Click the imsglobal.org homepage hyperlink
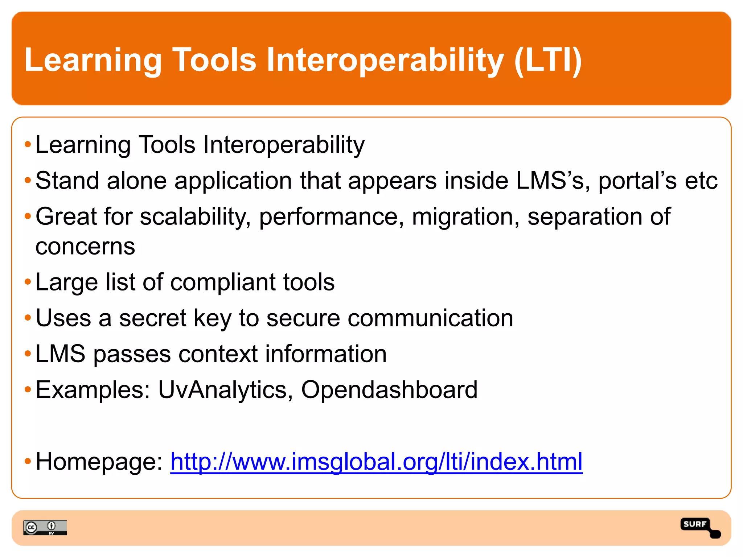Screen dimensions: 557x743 coord(376,462)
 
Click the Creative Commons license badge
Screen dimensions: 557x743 coord(45,527)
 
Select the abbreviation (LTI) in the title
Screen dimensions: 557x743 coord(548,60)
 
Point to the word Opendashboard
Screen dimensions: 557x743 coord(389,390)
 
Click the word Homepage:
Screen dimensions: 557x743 coord(99,462)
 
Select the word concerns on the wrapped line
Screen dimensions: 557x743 coord(85,247)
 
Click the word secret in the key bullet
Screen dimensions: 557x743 coord(153,318)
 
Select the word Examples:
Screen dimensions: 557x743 coord(93,390)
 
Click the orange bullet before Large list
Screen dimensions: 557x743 coord(28,282)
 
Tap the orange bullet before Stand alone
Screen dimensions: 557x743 coord(28,180)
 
